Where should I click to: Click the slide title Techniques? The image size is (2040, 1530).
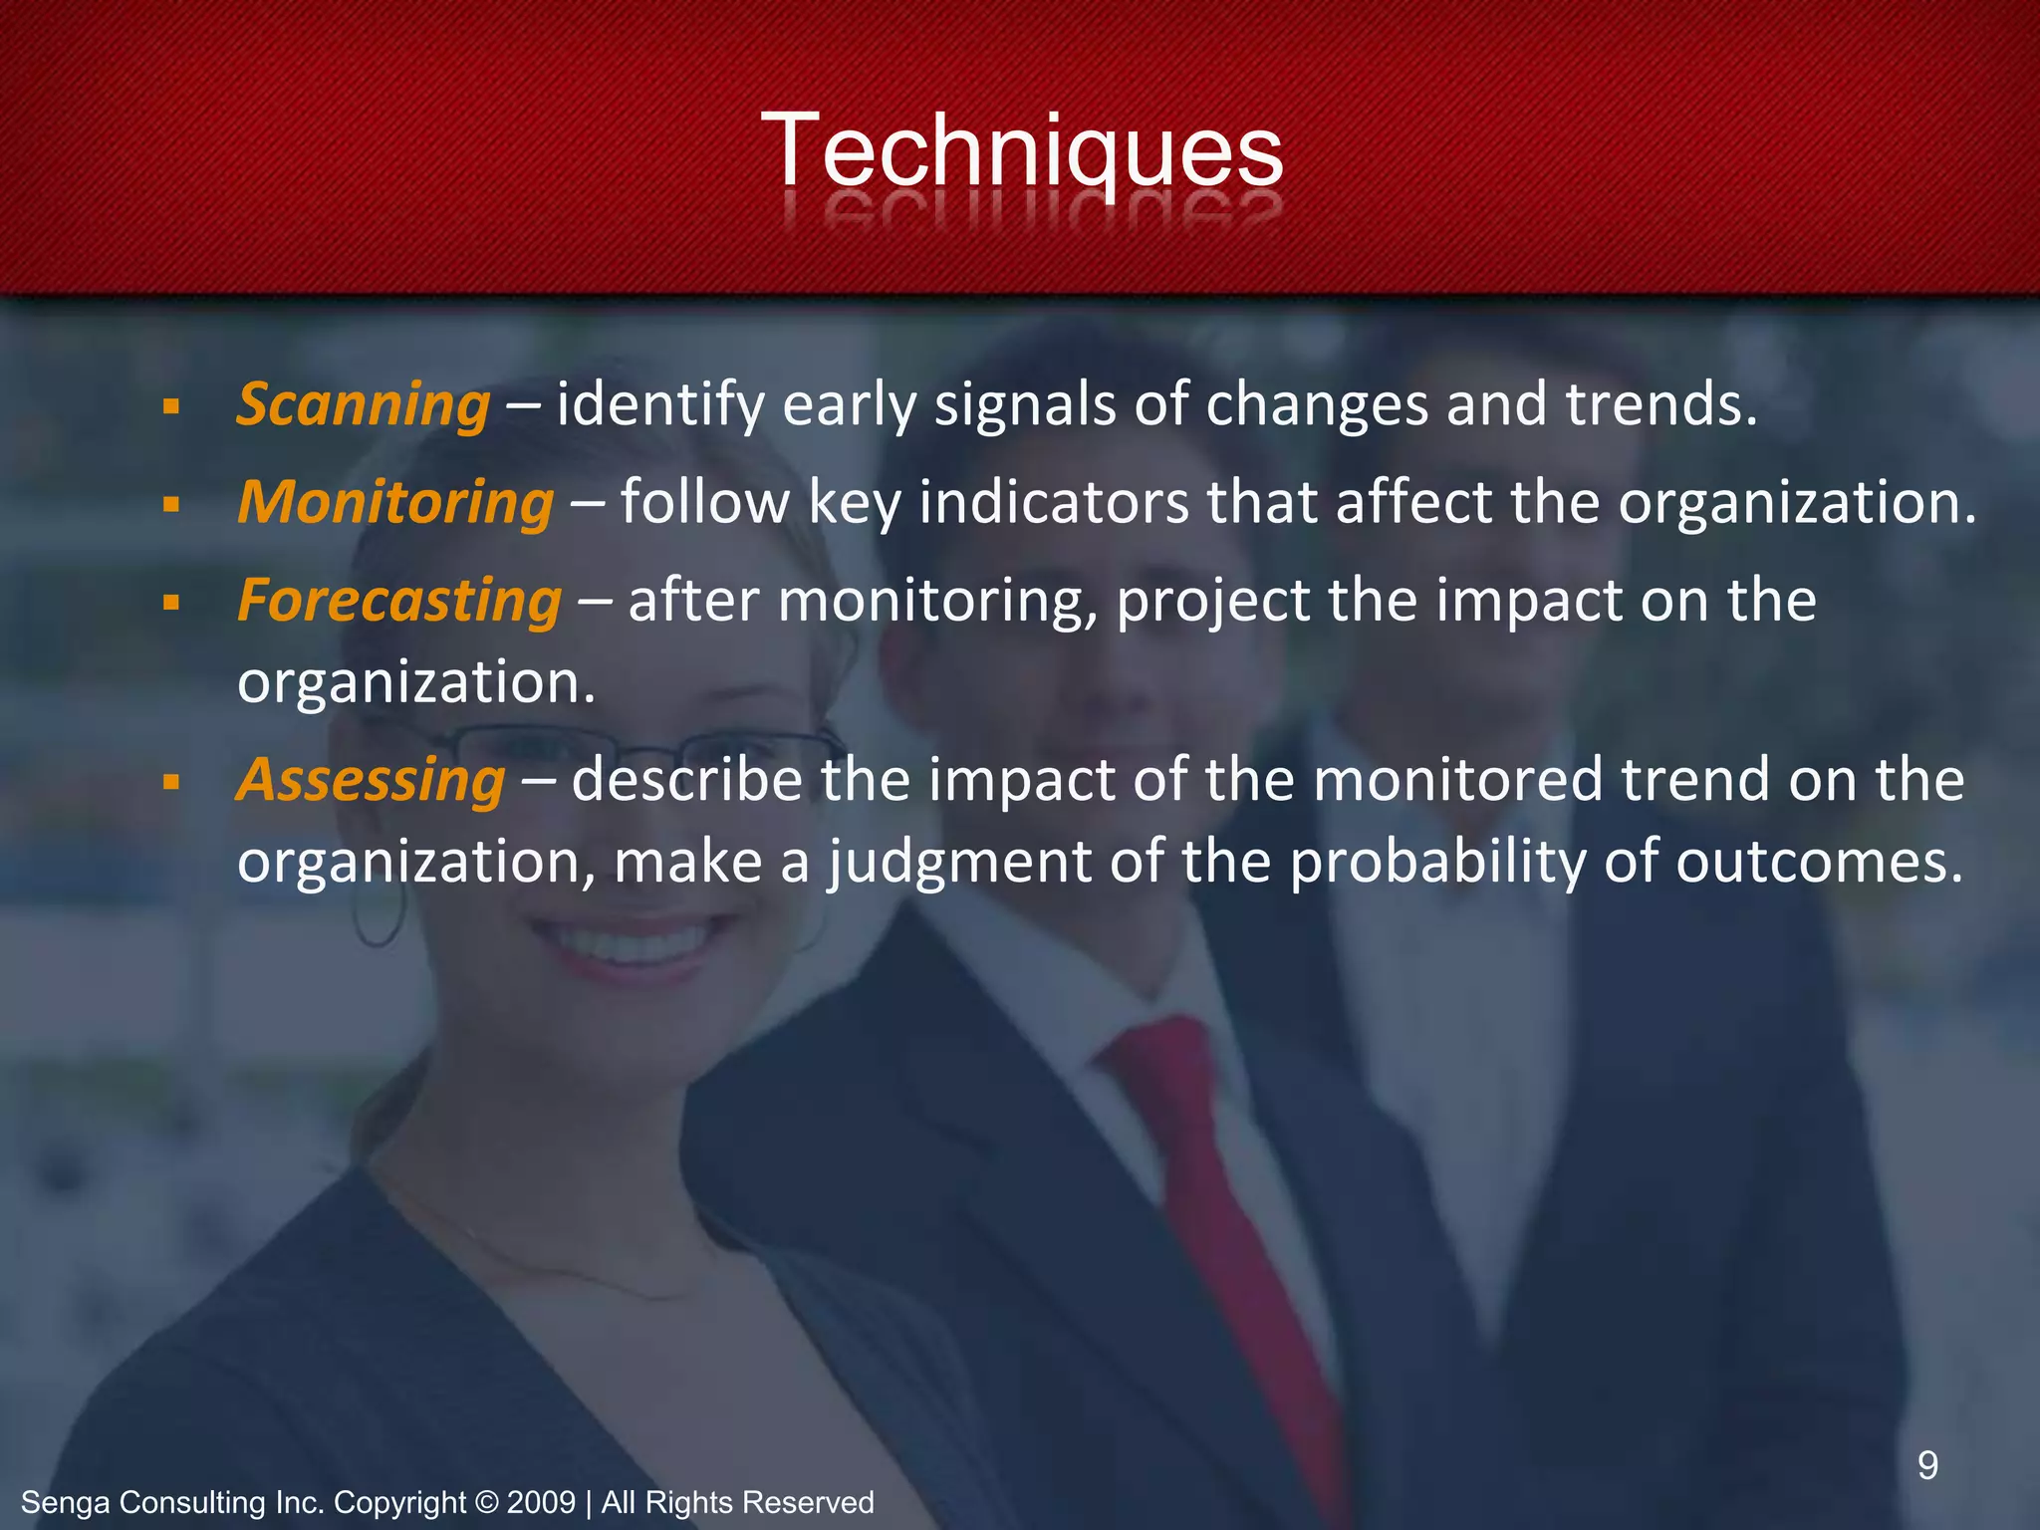coord(1021,151)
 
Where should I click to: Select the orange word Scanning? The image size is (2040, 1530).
coord(363,405)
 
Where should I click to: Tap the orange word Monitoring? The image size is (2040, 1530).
coord(394,502)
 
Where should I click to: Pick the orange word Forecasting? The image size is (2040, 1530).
coord(399,601)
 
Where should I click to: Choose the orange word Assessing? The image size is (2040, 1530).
coord(371,779)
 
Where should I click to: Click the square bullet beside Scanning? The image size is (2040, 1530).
coord(171,407)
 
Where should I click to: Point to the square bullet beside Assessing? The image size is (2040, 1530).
coord(171,781)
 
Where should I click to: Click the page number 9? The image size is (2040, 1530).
coord(1927,1465)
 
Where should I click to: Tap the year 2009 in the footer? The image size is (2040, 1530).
coord(541,1502)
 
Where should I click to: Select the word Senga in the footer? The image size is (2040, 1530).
coord(65,1502)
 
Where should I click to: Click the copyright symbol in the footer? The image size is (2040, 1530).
coord(486,1502)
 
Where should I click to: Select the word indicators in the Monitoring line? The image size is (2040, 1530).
coord(1054,502)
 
